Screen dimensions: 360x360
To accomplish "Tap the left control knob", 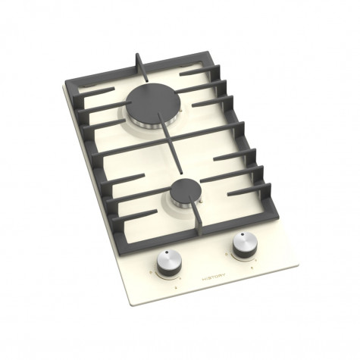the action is pos(169,264).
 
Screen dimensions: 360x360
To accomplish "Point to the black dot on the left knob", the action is pos(166,252).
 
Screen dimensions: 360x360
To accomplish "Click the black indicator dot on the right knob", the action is pos(242,234).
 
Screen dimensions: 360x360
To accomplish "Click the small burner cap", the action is pos(185,190).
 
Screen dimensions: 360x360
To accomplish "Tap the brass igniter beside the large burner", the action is pos(181,110).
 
